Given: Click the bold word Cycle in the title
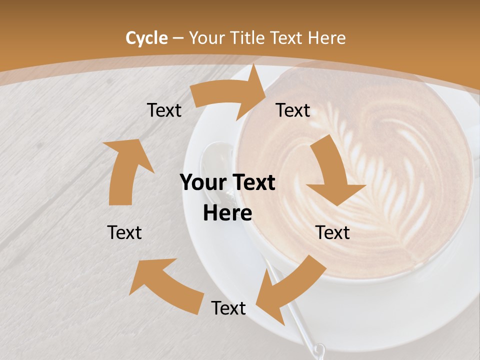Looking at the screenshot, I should point(146,38).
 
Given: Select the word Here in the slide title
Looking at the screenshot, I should point(326,38).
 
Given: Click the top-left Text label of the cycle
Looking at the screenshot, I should point(164,110).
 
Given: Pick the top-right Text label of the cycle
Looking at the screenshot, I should point(293,110).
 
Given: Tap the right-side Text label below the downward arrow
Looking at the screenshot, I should point(332,232).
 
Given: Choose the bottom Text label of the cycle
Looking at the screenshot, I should point(228,308).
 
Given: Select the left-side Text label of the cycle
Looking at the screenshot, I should point(124,232).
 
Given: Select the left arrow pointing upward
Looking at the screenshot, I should point(125,170).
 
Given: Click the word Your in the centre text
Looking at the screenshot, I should point(200,183).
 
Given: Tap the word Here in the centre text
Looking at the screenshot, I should point(227,213).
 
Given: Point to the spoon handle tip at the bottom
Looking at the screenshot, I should point(317,349).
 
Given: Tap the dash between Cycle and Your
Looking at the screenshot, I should point(178,38).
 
